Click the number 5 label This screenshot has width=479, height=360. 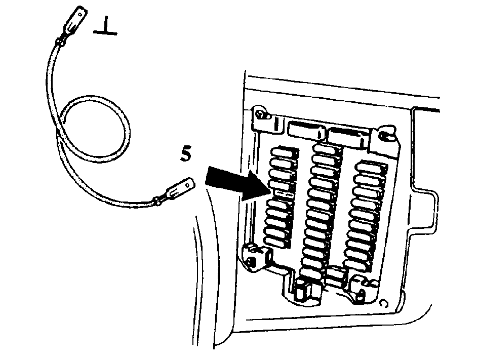186,154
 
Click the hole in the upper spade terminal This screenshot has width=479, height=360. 81,14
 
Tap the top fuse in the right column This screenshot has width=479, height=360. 372,167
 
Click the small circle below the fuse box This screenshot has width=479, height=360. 384,303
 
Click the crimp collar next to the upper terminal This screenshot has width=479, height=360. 60,42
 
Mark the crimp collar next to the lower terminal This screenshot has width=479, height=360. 157,201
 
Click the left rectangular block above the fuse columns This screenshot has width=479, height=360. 305,129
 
